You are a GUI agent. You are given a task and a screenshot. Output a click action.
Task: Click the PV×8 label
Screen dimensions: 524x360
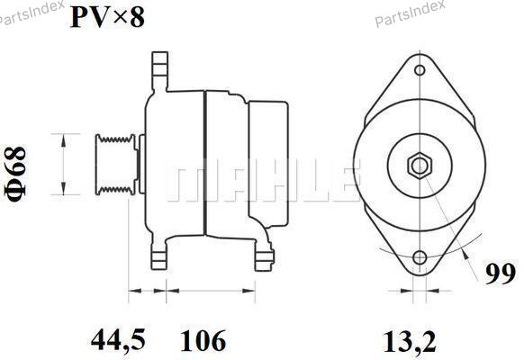[108, 17]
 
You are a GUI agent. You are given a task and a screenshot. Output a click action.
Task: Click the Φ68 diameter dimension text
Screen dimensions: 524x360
[15, 174]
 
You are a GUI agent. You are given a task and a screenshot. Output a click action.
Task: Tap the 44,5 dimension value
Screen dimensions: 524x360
[118, 340]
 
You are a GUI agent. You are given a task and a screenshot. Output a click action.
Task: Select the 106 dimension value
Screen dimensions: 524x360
[203, 340]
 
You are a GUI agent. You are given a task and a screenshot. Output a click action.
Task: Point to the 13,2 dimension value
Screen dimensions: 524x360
[410, 341]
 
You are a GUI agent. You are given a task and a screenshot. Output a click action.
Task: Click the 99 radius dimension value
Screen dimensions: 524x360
[501, 274]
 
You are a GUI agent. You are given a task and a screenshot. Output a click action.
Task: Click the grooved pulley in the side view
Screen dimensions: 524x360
[116, 165]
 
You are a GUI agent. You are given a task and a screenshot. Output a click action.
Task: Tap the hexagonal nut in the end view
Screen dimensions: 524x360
[420, 165]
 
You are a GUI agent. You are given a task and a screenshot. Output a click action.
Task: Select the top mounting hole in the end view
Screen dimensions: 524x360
[420, 70]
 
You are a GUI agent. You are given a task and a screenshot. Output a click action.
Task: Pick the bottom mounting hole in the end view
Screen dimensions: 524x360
[420, 257]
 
